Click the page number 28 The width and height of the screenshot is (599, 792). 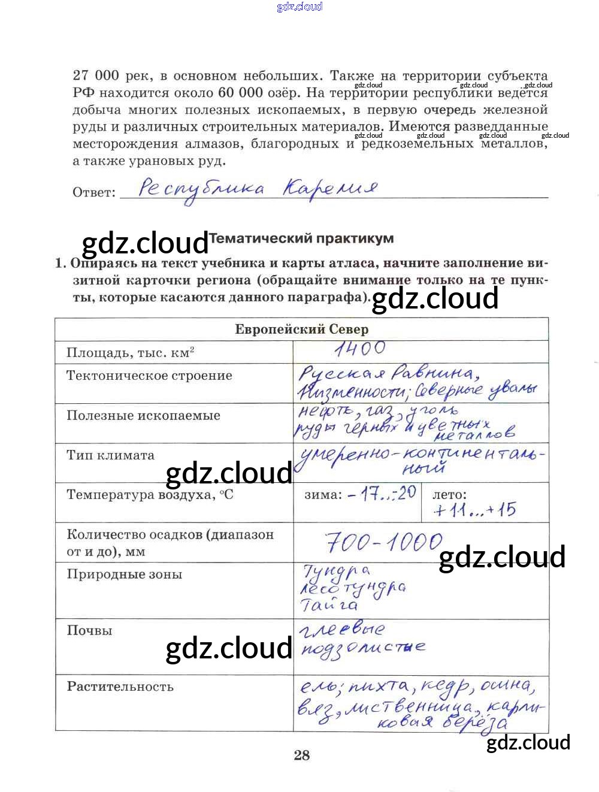pos(302,755)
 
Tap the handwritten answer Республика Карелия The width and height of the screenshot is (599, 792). pos(258,189)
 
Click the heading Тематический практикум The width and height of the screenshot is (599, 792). pos(301,238)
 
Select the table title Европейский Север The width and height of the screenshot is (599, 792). pos(301,330)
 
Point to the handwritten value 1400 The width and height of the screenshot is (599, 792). pos(360,349)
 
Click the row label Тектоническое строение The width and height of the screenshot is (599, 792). pos(149,376)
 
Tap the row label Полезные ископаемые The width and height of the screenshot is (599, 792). pos(143,416)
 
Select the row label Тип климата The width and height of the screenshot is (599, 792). pos(110,455)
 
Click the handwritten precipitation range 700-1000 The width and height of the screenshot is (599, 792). pos(384,543)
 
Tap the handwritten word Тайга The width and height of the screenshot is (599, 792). pos(329,605)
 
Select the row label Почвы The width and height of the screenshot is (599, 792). pos(89,631)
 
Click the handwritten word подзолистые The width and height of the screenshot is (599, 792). pos(362,649)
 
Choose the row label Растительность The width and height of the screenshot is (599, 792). pos(120,687)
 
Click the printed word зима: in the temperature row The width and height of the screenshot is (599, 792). pos(323,495)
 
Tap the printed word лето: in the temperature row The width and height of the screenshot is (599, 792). pos(449,495)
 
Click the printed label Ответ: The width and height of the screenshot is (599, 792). pos(94,193)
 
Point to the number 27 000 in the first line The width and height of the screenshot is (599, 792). pos(96,76)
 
